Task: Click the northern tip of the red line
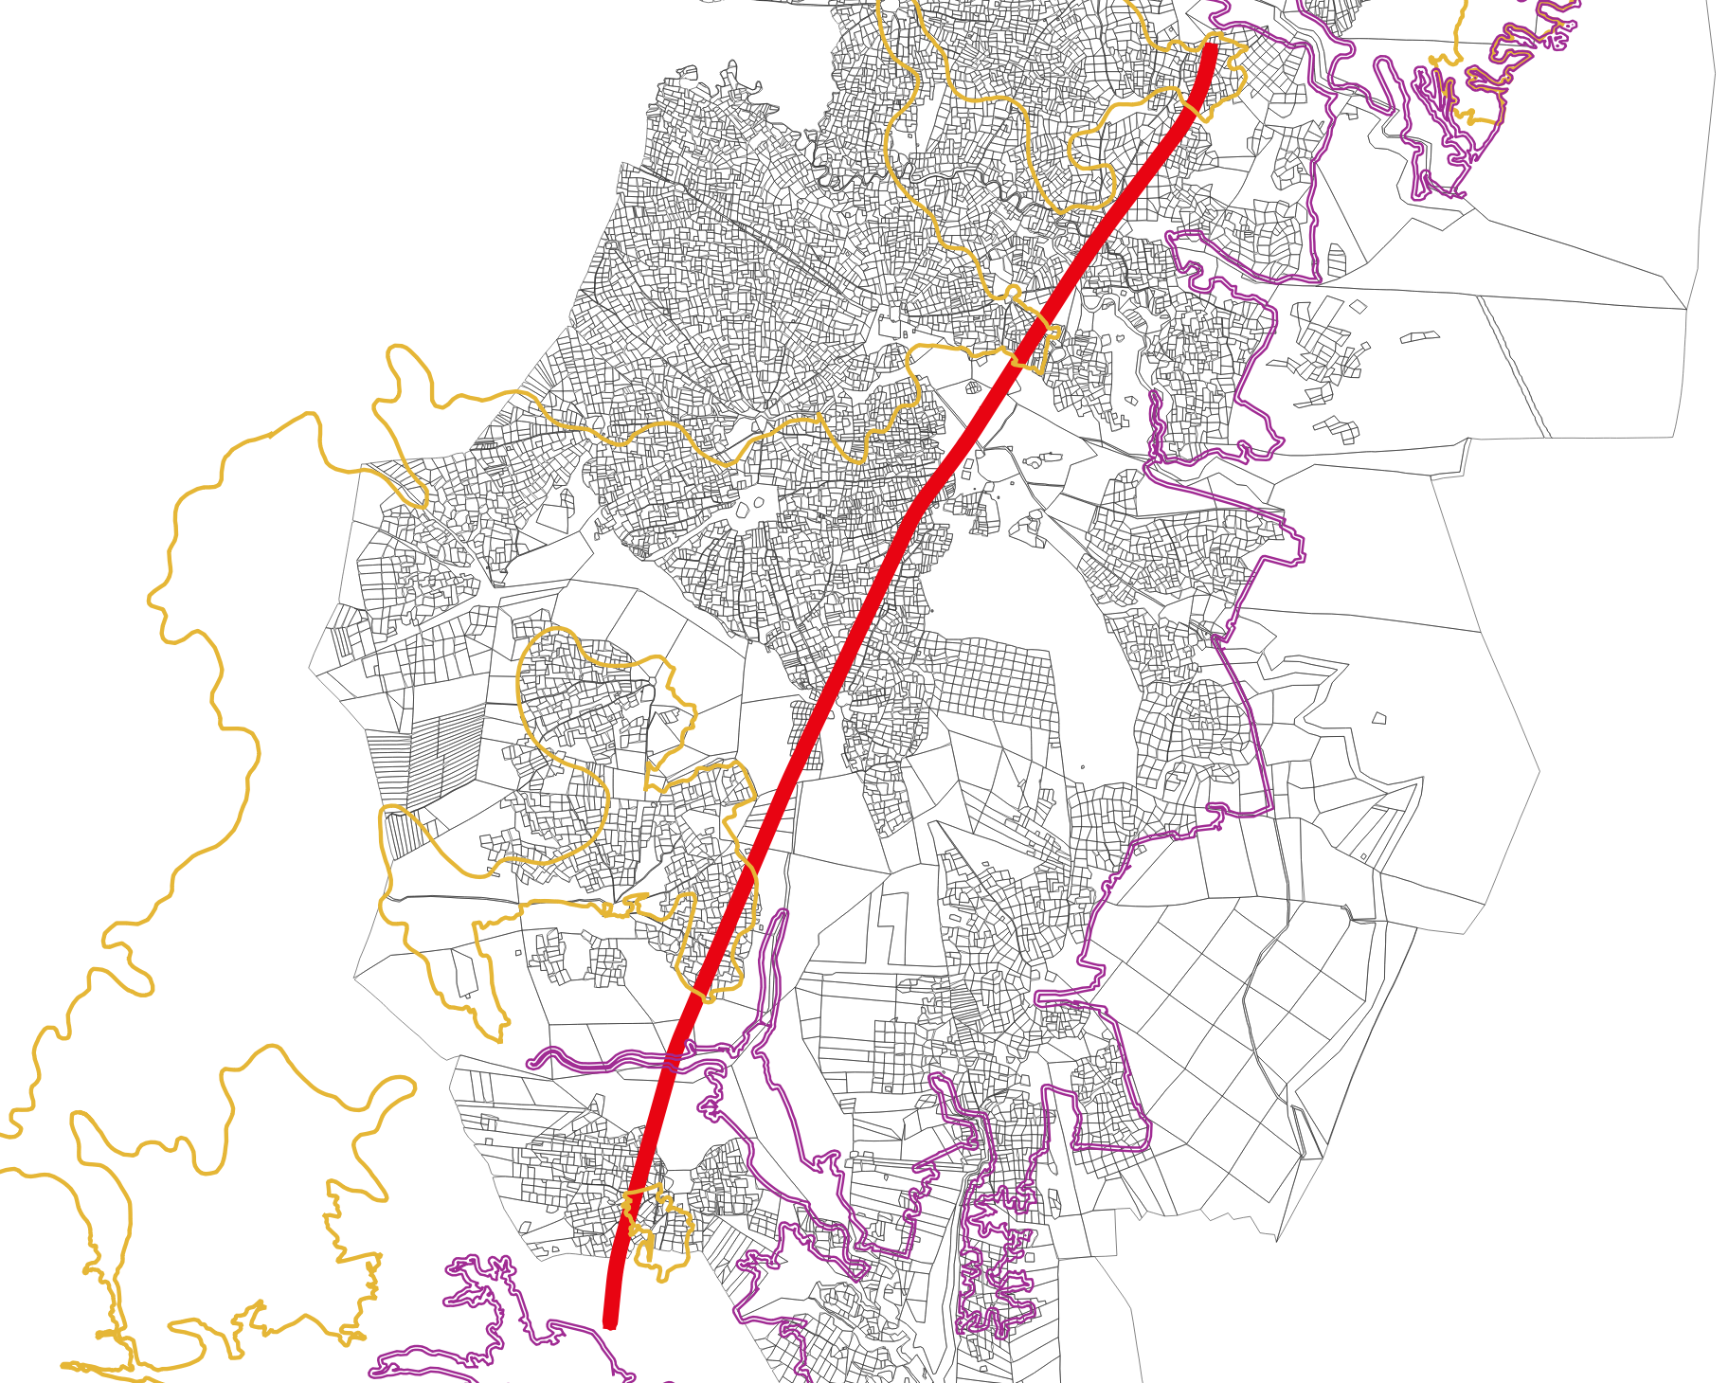coord(1211,47)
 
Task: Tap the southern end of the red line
coord(610,1321)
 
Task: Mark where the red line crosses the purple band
coord(672,1061)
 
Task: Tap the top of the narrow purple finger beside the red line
coord(782,917)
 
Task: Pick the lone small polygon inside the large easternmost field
coord(1379,719)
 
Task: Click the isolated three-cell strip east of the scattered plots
coord(1419,336)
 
